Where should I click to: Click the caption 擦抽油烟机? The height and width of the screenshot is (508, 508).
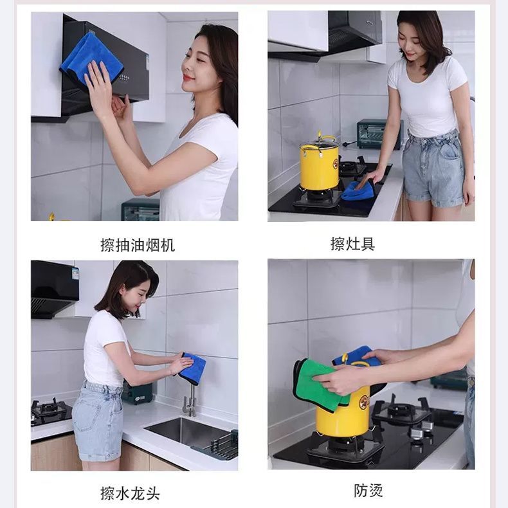coord(138,245)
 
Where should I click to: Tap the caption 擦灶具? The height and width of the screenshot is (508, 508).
coord(353,244)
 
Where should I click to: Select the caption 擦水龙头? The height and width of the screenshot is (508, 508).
coord(130,493)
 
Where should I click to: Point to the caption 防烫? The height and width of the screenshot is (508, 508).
coord(368,491)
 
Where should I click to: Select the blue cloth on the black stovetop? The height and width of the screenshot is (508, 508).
coord(357,190)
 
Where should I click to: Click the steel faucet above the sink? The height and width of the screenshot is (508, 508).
coord(190,400)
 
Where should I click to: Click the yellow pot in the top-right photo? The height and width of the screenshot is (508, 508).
coord(319,164)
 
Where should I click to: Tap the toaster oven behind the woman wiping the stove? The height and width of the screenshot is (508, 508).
coord(379,134)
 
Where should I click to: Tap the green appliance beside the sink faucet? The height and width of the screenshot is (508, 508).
coord(137,392)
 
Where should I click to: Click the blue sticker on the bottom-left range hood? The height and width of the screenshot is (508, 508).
coord(75,273)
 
